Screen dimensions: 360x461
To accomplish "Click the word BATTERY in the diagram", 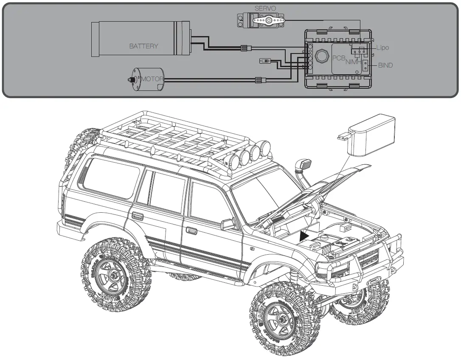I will pos(143,46).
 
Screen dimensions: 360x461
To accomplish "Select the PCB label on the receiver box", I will pos(338,58).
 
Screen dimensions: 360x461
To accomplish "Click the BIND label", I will pos(385,65).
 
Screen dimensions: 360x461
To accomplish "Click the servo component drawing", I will pos(261,20).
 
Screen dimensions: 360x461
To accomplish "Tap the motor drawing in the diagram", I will pos(146,79).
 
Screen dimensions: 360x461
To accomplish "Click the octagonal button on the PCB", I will pos(321,56).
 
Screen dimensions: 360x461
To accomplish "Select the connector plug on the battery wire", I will pos(245,48).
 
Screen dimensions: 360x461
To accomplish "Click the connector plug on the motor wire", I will pos(259,79).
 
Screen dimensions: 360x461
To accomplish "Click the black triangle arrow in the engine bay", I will pos(304,236).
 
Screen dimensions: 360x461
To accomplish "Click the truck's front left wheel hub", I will pos(275,318).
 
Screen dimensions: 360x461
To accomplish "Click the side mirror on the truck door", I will pos(228,224).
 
